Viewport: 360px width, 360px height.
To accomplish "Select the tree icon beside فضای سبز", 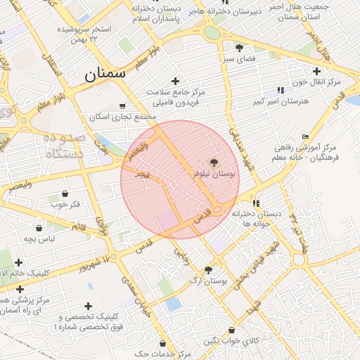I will coord(240,48).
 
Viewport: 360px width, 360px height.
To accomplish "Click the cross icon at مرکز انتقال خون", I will coord(316,71).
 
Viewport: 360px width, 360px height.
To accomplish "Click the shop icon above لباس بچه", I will coord(39,229).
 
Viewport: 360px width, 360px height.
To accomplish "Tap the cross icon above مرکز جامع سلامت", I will coord(175,81).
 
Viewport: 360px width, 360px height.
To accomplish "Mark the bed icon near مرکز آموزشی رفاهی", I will coord(304,136).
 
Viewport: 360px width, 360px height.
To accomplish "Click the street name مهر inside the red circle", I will coord(141,173).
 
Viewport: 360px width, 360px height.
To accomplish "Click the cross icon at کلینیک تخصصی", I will coord(88,306).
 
